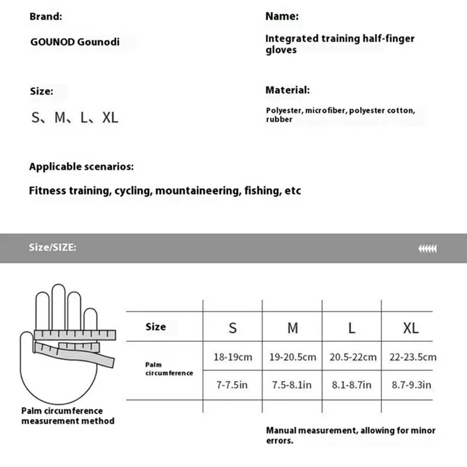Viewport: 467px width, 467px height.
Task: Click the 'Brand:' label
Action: pos(45,17)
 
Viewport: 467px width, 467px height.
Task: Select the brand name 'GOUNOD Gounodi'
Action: pos(74,43)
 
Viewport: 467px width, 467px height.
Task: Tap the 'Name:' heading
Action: pos(281,17)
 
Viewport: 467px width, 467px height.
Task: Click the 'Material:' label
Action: pos(287,90)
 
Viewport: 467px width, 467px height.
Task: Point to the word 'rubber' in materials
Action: pos(279,119)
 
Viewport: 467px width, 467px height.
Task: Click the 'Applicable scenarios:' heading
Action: pos(81,167)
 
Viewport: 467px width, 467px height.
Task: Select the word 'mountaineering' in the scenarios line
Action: pos(198,191)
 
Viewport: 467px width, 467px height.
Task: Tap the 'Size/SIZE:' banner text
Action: pos(53,247)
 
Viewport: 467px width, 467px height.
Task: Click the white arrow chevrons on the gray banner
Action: pos(427,248)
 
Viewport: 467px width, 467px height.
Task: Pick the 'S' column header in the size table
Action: pos(232,328)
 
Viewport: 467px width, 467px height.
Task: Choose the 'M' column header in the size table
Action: pos(293,328)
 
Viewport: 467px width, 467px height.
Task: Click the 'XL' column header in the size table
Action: pos(410,328)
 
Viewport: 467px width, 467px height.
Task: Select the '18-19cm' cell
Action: pos(232,357)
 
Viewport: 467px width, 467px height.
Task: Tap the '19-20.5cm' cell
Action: pos(293,357)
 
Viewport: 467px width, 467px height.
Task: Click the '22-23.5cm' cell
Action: pos(413,357)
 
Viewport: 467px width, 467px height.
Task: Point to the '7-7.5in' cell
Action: pos(232,385)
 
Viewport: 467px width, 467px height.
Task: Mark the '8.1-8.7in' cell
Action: pos(351,385)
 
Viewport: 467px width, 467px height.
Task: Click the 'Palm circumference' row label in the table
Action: pos(168,369)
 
